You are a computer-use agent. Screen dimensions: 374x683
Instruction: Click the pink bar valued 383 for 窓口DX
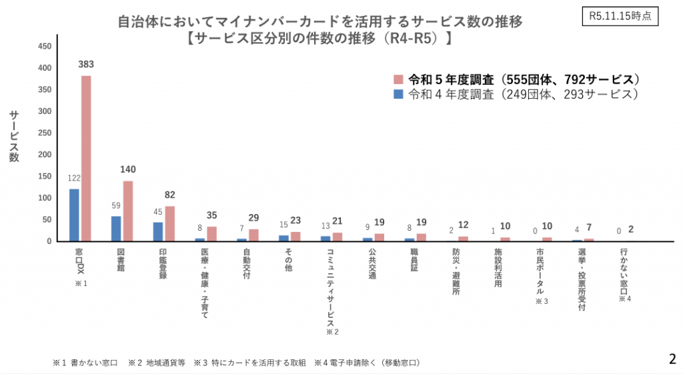point(86,158)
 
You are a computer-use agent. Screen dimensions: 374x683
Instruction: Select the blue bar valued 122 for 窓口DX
point(74,215)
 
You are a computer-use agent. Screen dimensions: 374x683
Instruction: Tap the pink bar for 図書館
point(127,211)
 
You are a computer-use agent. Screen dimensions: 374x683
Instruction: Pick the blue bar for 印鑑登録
point(158,231)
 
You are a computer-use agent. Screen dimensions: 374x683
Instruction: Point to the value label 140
point(127,169)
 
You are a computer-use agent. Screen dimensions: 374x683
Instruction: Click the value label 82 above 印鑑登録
point(170,195)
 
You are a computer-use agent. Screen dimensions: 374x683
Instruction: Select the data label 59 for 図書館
point(115,205)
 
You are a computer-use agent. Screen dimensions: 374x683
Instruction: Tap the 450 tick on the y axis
point(44,47)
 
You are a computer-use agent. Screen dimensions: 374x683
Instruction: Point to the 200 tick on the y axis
point(44,155)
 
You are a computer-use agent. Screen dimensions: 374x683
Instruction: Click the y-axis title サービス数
point(14,136)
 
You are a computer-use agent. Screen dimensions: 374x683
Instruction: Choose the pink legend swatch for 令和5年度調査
point(399,78)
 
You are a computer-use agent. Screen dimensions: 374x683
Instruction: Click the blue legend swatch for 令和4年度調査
point(399,94)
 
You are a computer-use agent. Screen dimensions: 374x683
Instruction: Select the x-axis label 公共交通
point(372,263)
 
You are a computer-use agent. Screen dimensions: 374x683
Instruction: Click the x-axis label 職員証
point(414,259)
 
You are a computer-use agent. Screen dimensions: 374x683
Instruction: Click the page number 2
point(672,359)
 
